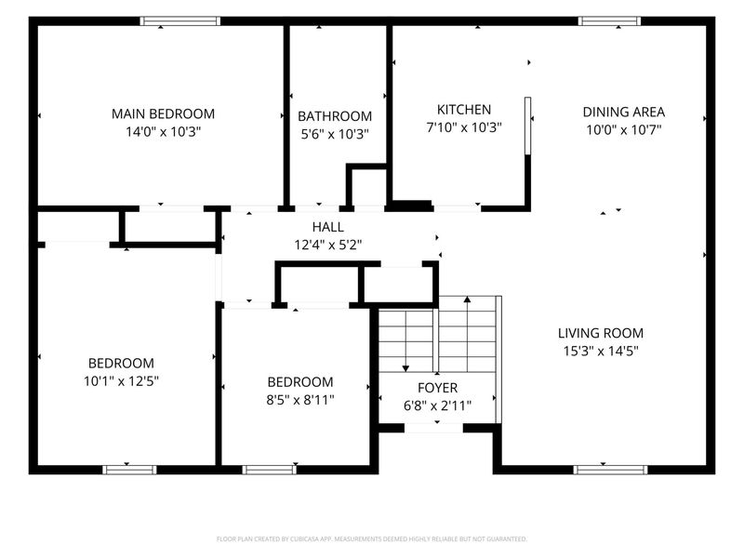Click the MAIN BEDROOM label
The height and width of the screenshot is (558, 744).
click(164, 113)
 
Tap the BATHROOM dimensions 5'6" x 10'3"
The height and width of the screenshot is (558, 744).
click(335, 134)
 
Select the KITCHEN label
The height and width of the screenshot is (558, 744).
click(464, 110)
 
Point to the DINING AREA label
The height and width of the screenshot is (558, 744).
click(623, 112)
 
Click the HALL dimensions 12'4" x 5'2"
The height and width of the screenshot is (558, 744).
click(328, 245)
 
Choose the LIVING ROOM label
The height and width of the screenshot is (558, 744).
click(601, 333)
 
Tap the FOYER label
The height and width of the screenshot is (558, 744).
click(437, 388)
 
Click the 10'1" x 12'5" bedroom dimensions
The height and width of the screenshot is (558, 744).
click(122, 381)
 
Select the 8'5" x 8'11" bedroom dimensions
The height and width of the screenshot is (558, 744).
click(300, 400)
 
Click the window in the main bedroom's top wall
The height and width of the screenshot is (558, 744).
click(180, 20)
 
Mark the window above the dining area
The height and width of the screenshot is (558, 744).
click(610, 20)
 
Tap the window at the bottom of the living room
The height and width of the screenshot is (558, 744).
click(610, 470)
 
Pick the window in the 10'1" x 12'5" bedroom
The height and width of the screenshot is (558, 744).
click(129, 470)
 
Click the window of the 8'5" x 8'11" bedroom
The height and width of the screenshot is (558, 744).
click(270, 470)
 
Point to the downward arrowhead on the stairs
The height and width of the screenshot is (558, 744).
click(405, 368)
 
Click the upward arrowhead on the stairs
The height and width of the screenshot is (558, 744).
click(468, 299)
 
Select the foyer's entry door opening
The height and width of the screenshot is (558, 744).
click(433, 428)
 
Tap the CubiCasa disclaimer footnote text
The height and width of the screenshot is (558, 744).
click(371, 539)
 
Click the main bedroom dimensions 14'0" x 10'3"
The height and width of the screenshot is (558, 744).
click(164, 132)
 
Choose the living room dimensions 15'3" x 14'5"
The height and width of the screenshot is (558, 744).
click(601, 352)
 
